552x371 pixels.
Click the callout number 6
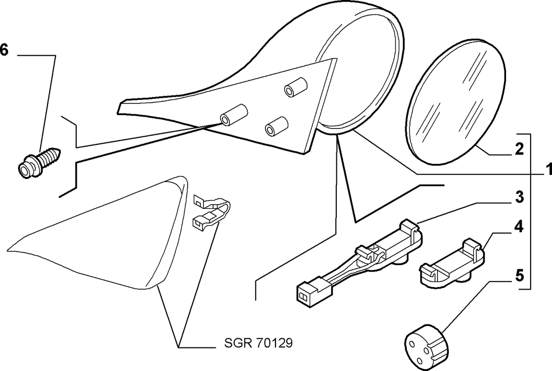click(4, 50)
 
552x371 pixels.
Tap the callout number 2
click(519, 149)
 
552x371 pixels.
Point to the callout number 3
click(519, 197)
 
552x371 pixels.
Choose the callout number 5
click(519, 275)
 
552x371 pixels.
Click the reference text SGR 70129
click(259, 343)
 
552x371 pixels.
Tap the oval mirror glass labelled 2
click(456, 102)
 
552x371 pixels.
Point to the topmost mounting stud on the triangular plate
click(296, 86)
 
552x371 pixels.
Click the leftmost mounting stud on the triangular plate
click(234, 115)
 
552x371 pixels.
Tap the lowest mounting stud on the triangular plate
click(277, 126)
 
